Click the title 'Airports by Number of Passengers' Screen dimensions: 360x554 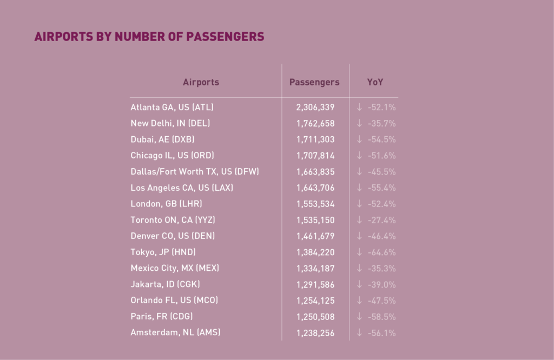149,37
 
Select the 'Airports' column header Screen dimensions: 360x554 201,82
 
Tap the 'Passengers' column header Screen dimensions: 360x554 314,82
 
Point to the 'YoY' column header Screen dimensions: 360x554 375,82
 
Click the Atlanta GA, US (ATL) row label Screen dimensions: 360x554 168,107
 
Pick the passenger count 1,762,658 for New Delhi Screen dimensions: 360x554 315,123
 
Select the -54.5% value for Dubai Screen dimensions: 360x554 381,139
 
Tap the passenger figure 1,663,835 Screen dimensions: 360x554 315,172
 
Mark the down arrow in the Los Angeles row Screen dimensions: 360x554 359,188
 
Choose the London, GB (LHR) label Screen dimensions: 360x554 167,204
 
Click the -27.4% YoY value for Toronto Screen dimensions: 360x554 381,220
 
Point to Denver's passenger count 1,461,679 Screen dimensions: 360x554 315,236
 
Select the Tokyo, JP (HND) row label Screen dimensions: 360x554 163,252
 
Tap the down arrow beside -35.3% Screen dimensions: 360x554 359,268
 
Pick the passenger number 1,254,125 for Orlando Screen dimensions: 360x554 315,301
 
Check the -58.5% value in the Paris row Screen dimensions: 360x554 381,316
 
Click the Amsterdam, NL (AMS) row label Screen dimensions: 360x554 175,332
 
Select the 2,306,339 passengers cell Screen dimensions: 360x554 315,107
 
